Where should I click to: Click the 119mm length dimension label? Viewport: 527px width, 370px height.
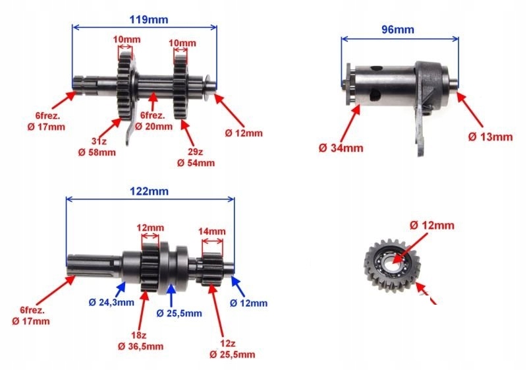coord(149,20)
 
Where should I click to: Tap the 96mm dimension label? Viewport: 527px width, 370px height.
coord(398,30)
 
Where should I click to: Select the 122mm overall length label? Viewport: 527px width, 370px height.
coord(150,191)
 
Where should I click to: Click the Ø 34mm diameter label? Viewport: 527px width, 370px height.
coord(341,148)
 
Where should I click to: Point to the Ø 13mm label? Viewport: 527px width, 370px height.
coord(490,137)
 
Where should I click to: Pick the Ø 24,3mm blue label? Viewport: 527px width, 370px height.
coord(111,303)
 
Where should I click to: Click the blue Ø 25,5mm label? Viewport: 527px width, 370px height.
coord(179,313)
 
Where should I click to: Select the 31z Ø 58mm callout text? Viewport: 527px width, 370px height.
coord(97,147)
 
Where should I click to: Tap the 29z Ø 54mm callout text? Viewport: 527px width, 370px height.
coord(196,157)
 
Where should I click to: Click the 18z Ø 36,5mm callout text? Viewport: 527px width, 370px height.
coord(140,341)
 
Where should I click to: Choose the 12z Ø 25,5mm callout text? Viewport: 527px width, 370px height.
coord(232,349)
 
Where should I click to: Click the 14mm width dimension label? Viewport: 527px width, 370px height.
coord(211,231)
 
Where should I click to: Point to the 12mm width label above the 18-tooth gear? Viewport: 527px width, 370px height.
coord(150,228)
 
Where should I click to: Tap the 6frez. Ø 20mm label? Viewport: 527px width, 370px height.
coord(153,121)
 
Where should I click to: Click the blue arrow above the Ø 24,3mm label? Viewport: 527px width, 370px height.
coord(121,288)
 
